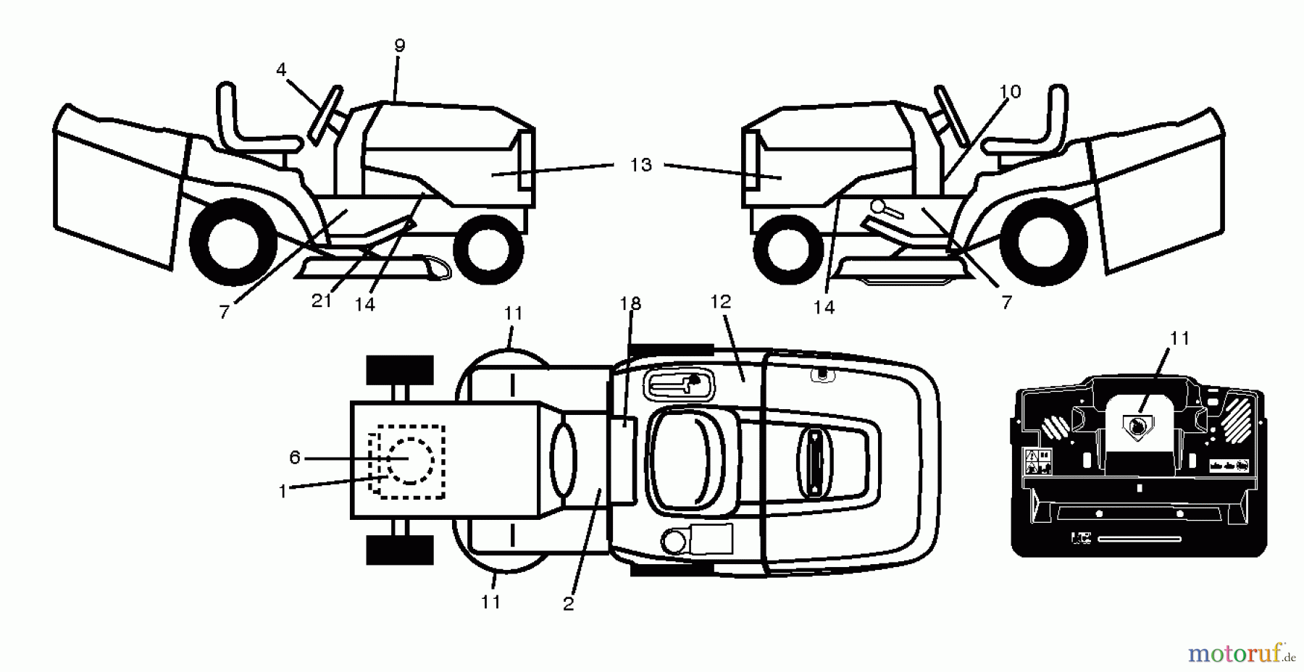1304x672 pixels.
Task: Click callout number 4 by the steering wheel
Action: point(281,70)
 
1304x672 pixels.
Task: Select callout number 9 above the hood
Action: point(400,45)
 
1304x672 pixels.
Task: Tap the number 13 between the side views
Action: point(640,165)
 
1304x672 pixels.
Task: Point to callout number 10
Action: point(1010,91)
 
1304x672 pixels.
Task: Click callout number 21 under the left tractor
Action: point(322,301)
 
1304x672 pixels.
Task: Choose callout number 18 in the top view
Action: point(631,303)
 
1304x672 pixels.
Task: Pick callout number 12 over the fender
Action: point(721,301)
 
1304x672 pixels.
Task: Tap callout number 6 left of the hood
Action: point(294,458)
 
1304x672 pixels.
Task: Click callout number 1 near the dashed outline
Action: point(283,491)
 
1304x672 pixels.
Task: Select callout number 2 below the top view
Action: point(568,604)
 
